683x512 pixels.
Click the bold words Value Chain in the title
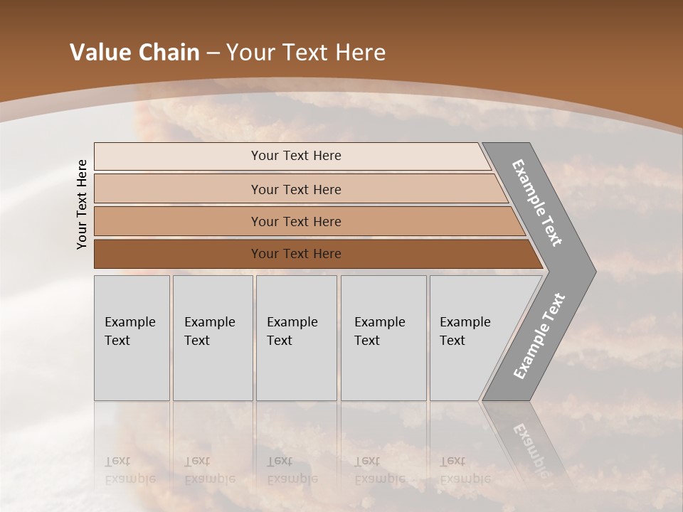click(134, 53)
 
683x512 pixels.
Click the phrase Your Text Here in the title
click(306, 53)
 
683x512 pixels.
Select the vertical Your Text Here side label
click(82, 204)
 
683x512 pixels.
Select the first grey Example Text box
click(132, 338)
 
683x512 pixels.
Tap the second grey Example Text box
click(213, 338)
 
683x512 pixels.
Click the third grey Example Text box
click(296, 338)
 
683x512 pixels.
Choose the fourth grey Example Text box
click(383, 338)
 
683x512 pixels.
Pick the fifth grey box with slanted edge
click(470, 338)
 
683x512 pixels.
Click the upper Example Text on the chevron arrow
click(538, 203)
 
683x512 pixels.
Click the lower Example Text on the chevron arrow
click(539, 336)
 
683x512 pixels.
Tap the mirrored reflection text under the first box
click(130, 470)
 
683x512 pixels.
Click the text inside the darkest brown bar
click(296, 254)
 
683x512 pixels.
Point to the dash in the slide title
click(213, 53)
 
